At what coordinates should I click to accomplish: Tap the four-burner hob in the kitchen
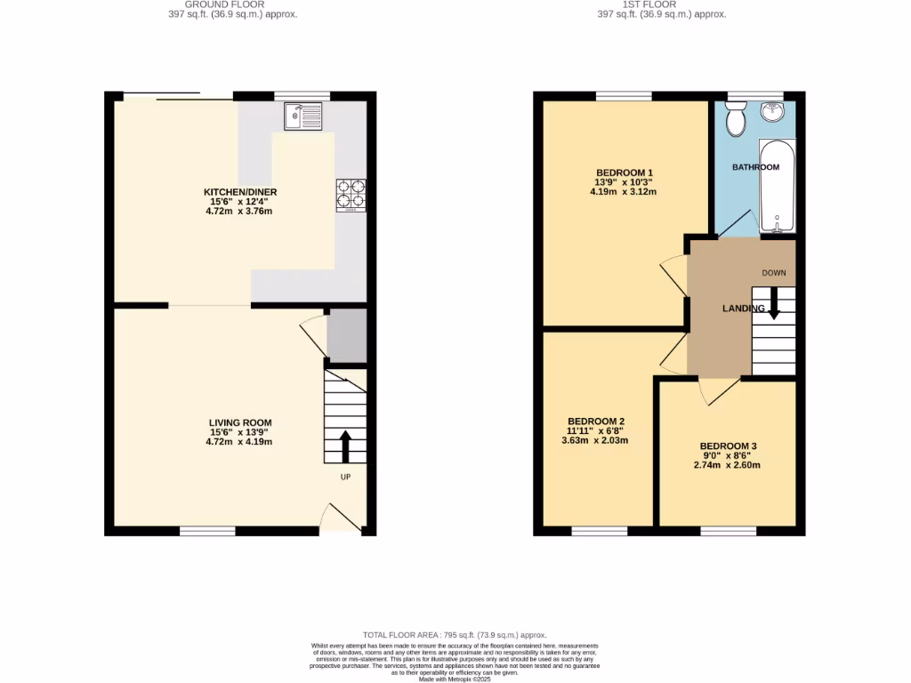click(x=350, y=196)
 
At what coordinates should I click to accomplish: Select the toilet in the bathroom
click(x=736, y=119)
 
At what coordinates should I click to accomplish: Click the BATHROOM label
click(x=755, y=167)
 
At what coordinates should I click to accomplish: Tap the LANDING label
click(x=743, y=309)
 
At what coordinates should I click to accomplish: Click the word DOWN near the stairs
click(x=773, y=272)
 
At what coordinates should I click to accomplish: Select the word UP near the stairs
click(x=346, y=478)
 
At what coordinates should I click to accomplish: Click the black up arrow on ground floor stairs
click(x=345, y=446)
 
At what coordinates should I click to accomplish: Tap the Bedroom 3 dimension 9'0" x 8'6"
click(x=730, y=455)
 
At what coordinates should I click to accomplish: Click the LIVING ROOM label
click(x=240, y=423)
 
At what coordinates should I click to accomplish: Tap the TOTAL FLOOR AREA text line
click(x=455, y=635)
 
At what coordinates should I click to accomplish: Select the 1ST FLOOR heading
click(x=661, y=4)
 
